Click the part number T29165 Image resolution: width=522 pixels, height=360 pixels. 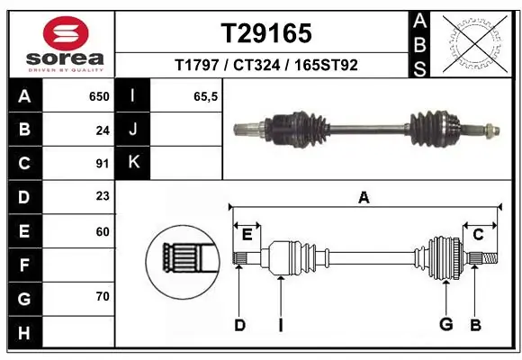[266, 33]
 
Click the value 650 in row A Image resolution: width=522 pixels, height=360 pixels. [98, 96]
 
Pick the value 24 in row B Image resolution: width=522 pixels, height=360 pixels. [102, 130]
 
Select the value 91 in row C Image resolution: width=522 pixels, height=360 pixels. [102, 164]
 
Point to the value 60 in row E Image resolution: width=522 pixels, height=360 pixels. [102, 231]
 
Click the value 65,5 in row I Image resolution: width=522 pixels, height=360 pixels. [206, 96]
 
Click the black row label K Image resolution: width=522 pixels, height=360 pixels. [133, 164]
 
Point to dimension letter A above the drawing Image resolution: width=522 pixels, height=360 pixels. [364, 197]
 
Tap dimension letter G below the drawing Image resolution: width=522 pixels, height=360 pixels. [445, 324]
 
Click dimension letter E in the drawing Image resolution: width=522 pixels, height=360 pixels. [247, 235]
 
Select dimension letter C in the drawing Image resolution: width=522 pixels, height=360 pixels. [479, 235]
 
